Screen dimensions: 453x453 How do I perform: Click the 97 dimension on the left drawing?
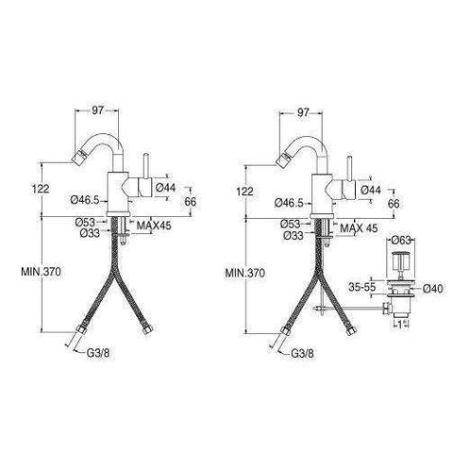click(97, 111)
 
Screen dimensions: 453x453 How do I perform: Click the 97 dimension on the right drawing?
click(303, 111)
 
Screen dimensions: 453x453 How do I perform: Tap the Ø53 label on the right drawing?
click(292, 223)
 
